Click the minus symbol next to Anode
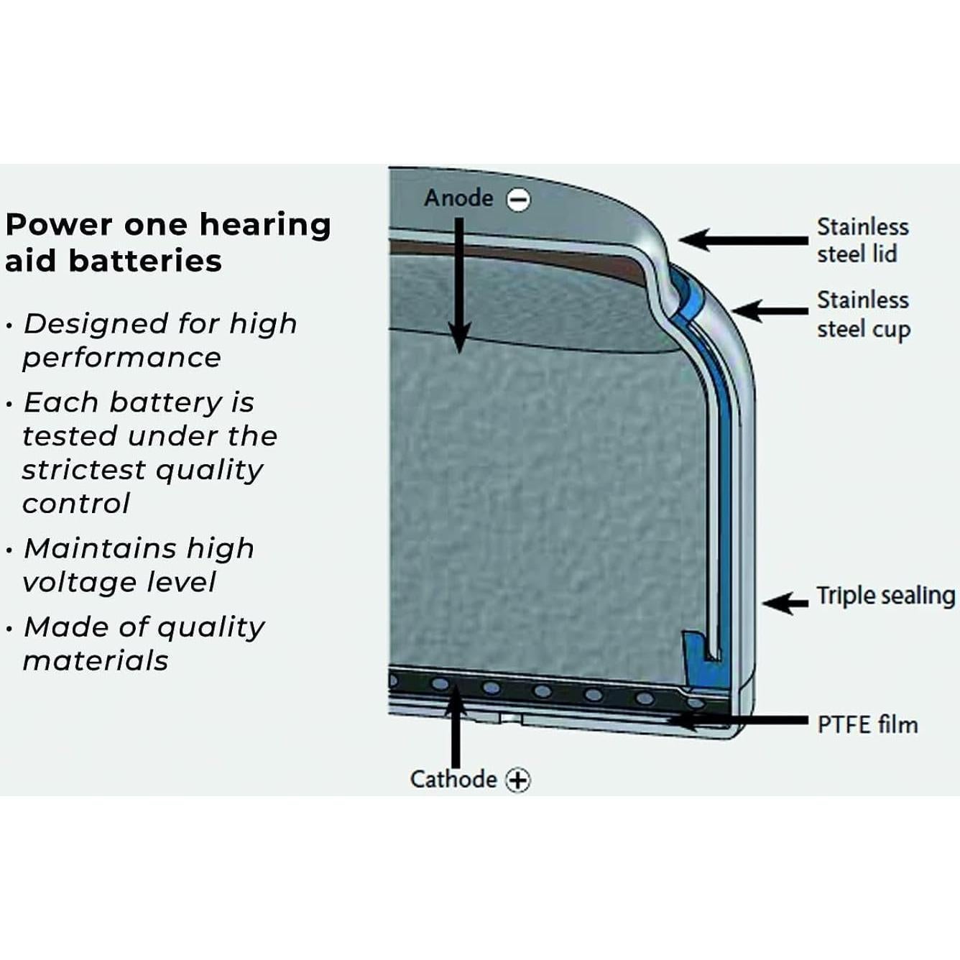(519, 200)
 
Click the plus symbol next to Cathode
(517, 780)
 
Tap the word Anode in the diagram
(458, 198)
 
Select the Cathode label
(453, 779)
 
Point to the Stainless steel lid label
(862, 240)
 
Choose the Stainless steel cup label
(863, 314)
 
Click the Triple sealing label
(885, 596)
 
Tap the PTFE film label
(867, 724)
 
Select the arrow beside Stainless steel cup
(770, 311)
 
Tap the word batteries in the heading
(145, 260)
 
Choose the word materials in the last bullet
(96, 660)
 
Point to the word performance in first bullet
(121, 357)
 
